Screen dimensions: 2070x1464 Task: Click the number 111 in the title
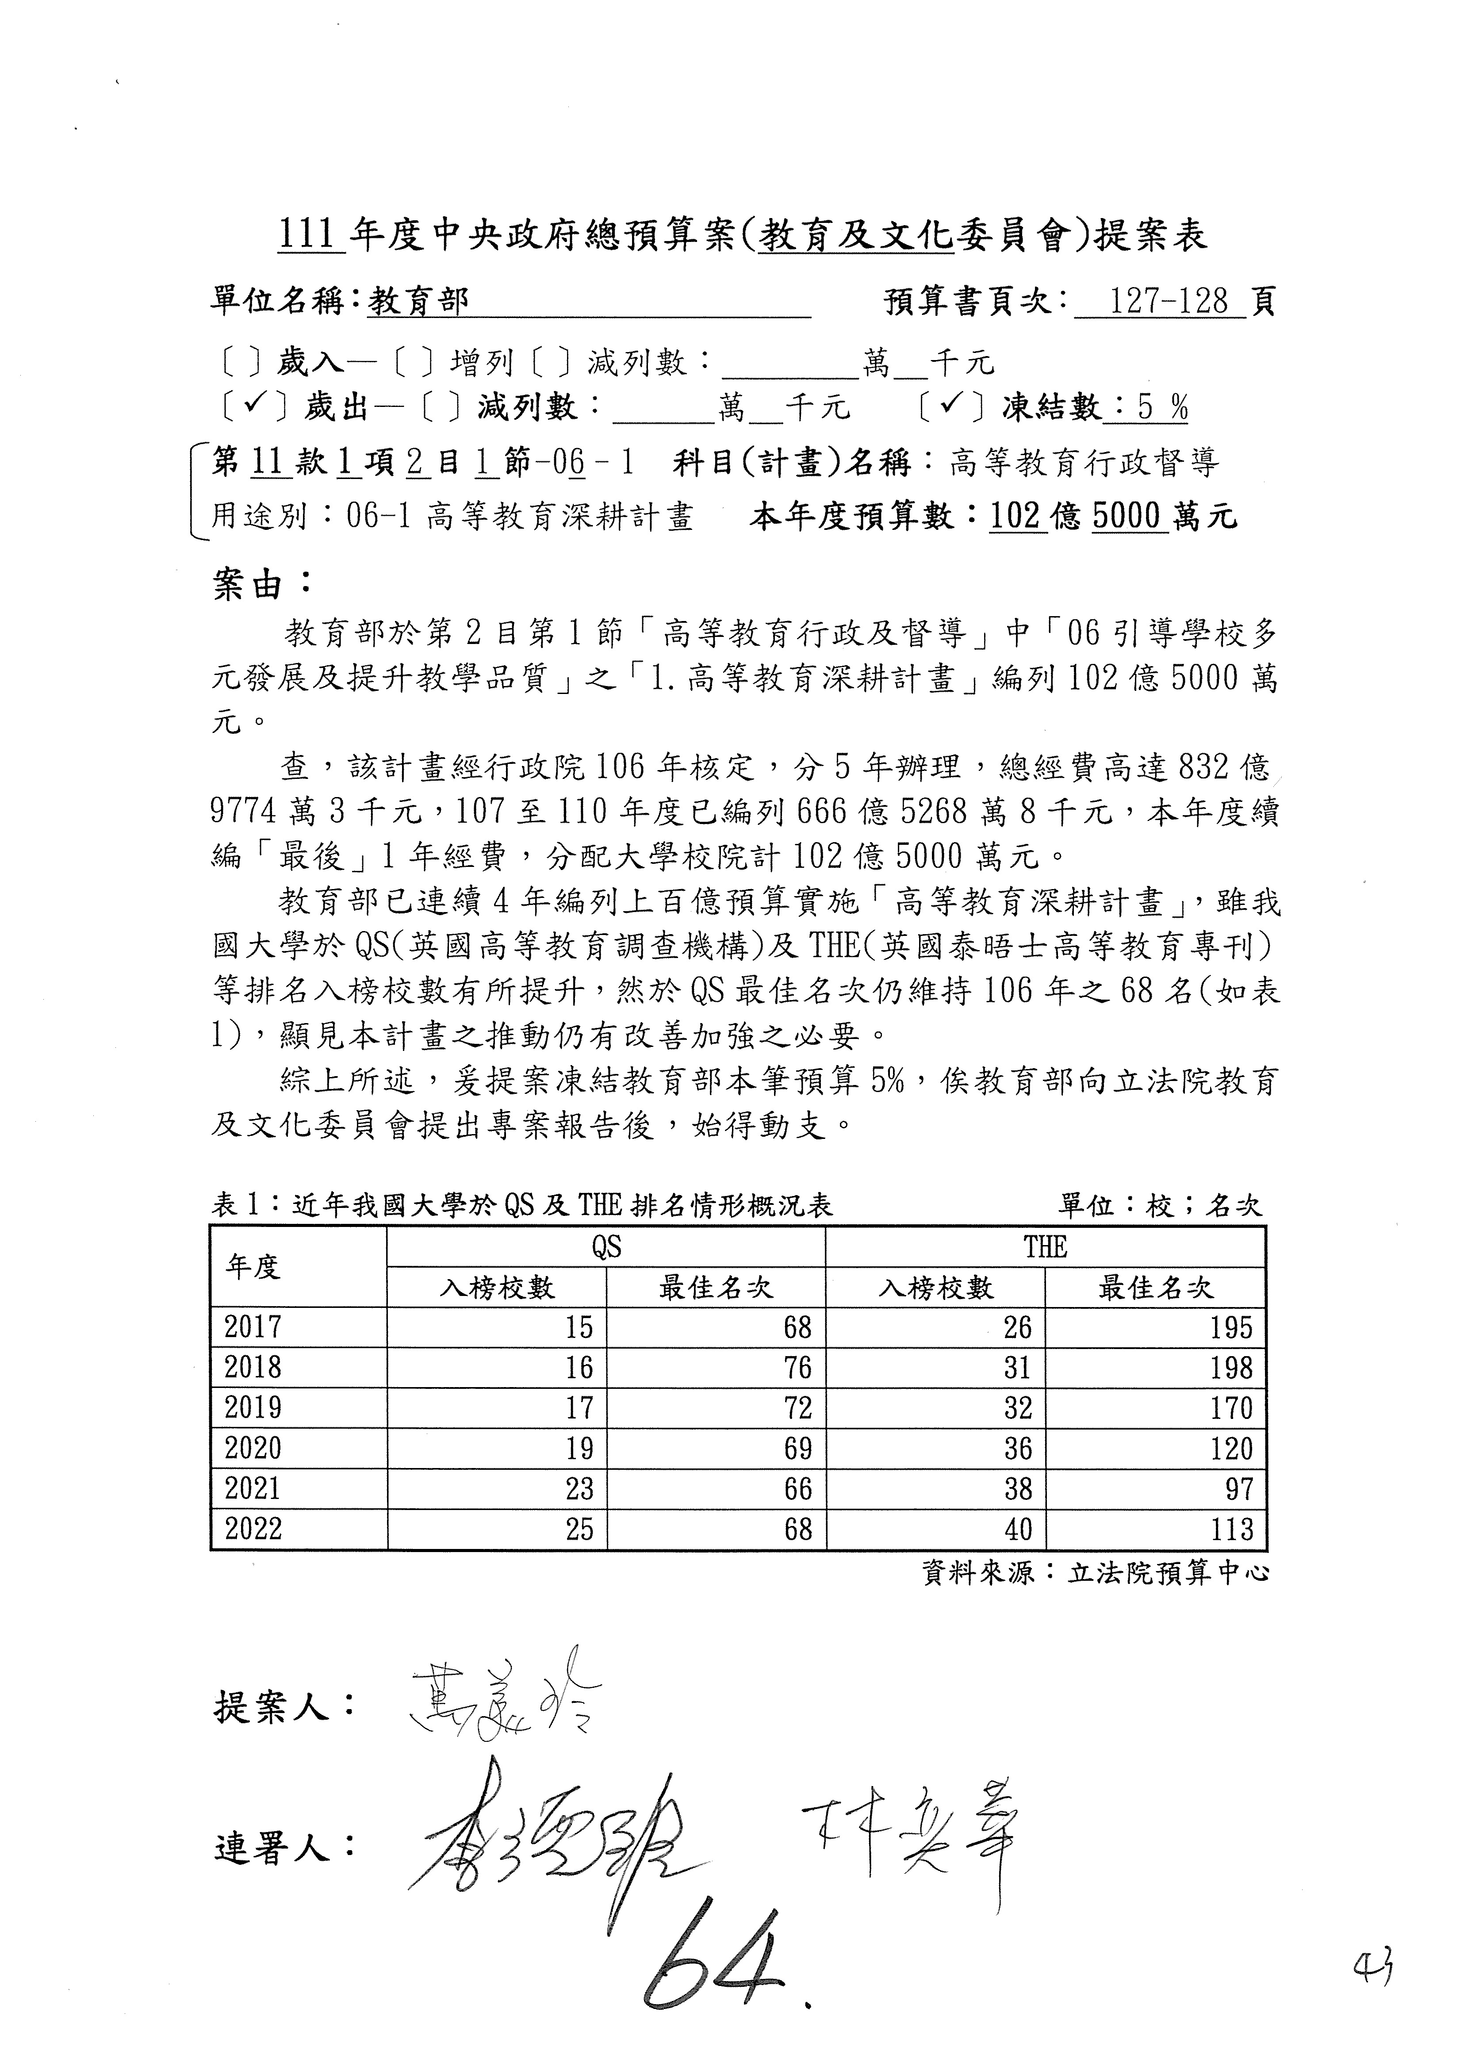point(307,236)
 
